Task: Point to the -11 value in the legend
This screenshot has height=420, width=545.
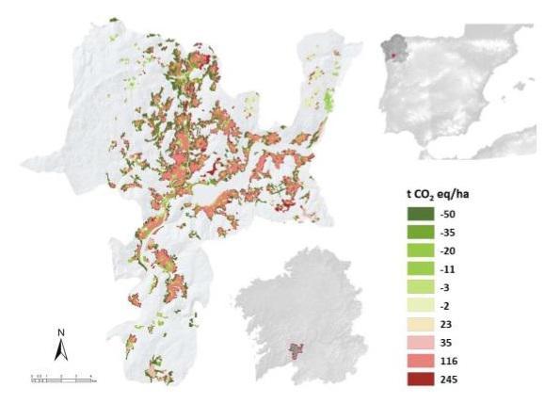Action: (446, 268)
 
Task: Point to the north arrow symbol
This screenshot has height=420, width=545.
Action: (60, 352)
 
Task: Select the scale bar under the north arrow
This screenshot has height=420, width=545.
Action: (62, 378)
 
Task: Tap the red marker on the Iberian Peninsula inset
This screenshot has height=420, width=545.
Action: (393, 55)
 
